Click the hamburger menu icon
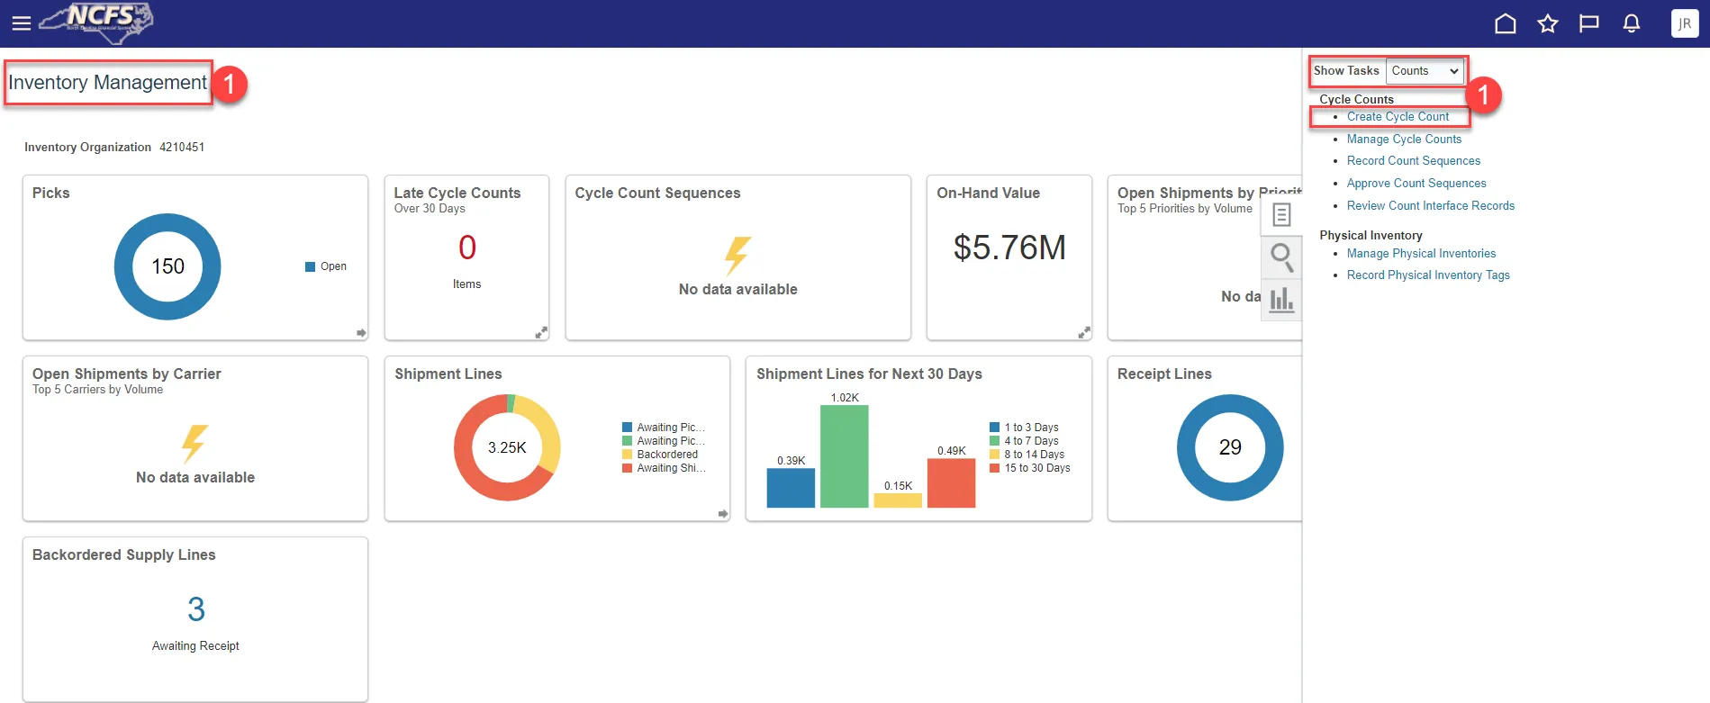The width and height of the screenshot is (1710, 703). [21, 23]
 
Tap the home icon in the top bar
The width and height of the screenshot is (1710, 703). [1506, 23]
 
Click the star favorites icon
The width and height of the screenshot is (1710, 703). [1548, 23]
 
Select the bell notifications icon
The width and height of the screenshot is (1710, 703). [1632, 23]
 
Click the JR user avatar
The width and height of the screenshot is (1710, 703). [1685, 23]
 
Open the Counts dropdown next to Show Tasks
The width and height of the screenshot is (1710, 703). [1425, 71]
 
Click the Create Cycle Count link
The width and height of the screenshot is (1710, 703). [1398, 117]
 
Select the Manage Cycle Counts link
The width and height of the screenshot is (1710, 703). [1404, 140]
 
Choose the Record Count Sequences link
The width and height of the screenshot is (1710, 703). [1413, 161]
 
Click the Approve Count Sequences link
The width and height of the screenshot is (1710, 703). [1416, 184]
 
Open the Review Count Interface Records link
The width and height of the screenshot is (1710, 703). [1430, 206]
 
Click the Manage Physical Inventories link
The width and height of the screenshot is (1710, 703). [1421, 254]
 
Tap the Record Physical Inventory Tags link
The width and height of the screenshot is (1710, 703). [1428, 275]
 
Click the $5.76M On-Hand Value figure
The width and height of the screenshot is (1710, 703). [1009, 248]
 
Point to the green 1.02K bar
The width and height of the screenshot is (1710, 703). [845, 456]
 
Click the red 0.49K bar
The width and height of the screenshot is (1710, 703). [951, 483]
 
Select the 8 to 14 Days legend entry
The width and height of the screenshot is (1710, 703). [1034, 455]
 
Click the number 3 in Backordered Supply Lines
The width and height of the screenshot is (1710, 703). [196, 609]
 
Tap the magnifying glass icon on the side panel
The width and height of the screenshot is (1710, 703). [1281, 257]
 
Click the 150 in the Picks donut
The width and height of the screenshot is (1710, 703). [167, 266]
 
